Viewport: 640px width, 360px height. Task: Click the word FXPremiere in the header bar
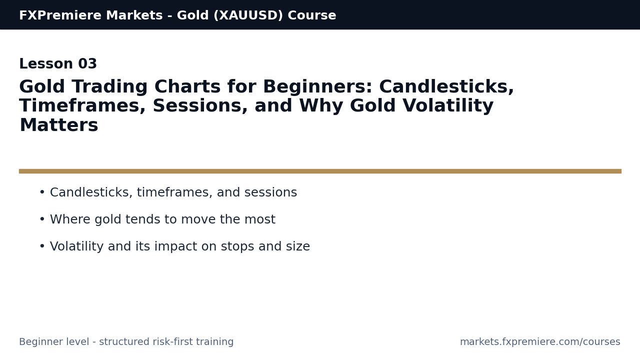(x=60, y=15)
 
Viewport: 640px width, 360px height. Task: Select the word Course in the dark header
(x=312, y=15)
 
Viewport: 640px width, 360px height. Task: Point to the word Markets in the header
(x=134, y=15)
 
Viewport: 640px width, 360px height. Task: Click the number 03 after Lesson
(x=87, y=63)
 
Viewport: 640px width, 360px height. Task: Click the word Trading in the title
(x=109, y=86)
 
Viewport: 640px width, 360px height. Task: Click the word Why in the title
(x=321, y=105)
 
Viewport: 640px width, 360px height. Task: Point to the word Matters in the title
(x=59, y=125)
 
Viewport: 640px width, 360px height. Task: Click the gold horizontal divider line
(x=320, y=171)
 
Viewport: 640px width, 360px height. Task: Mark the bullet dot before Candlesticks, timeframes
(x=42, y=192)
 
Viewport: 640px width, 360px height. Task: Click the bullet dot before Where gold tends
(x=42, y=219)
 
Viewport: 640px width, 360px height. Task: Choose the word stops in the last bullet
(x=237, y=246)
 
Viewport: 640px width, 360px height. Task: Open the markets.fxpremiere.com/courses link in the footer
(x=540, y=341)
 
